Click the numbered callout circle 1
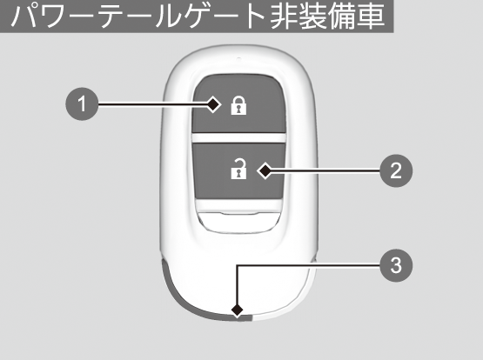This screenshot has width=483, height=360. [82, 104]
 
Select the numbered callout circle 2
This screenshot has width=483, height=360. [396, 170]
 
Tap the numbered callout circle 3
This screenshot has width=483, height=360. [396, 265]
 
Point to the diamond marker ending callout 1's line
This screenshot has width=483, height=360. [213, 104]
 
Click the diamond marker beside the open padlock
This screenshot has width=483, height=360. [265, 170]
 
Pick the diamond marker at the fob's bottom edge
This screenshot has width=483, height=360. [237, 310]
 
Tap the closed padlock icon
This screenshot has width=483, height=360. [238, 105]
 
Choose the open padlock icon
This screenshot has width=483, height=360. [238, 169]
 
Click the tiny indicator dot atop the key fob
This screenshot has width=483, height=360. [238, 58]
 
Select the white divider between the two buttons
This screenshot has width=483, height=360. [238, 137]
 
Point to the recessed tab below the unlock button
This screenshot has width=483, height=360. [238, 222]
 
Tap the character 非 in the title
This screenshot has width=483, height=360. [284, 16]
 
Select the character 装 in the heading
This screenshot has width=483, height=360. [312, 16]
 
